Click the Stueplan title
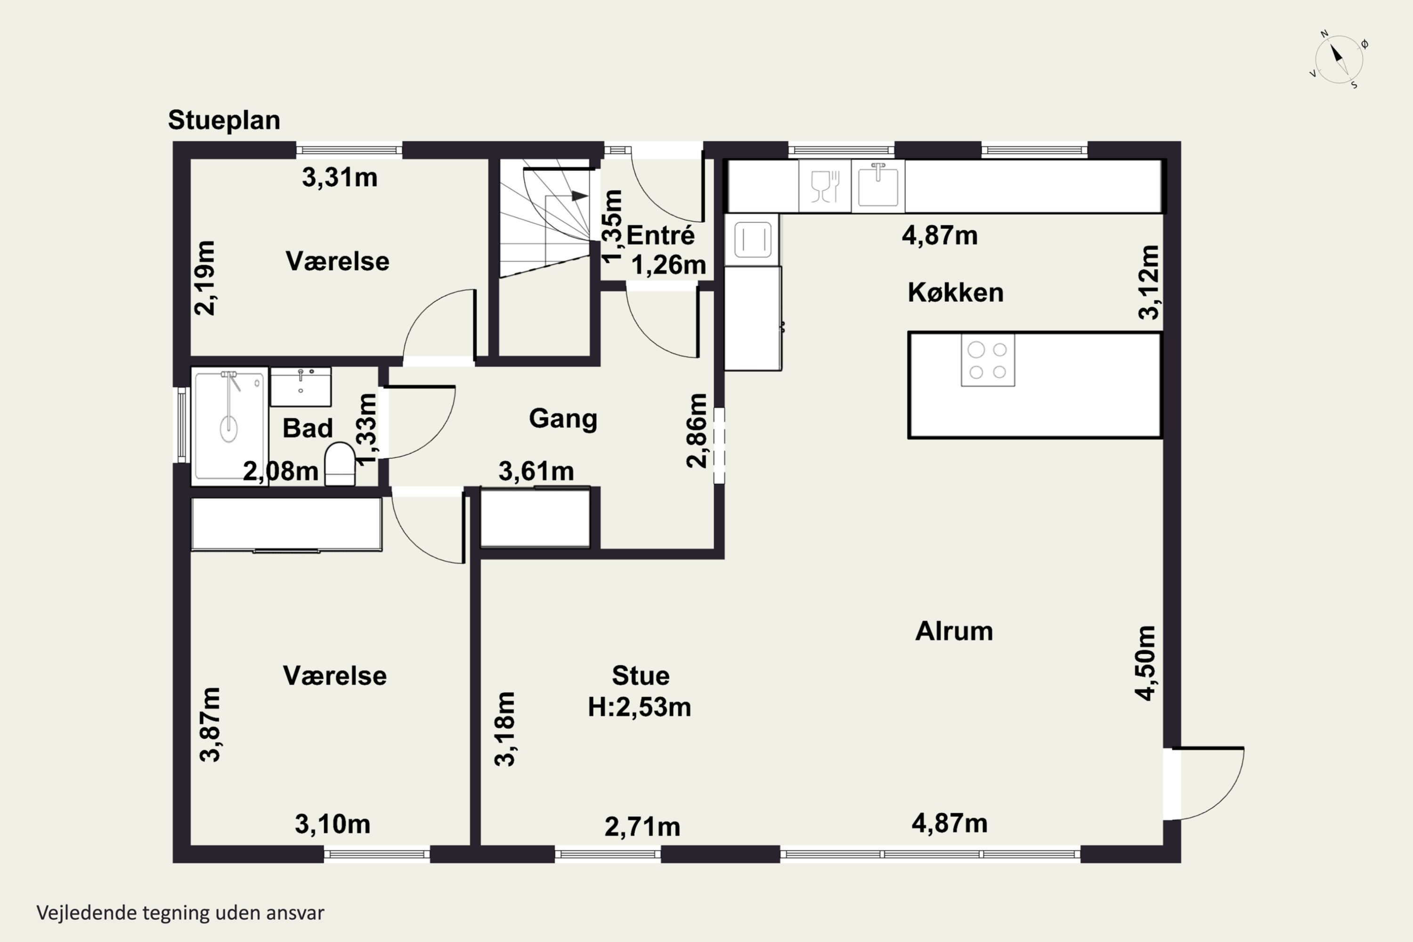click(224, 121)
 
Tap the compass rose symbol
click(1339, 59)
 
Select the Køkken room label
click(955, 292)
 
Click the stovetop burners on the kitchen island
click(988, 360)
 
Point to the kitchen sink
click(878, 186)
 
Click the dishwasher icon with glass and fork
click(825, 186)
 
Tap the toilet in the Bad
click(340, 464)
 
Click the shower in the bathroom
click(229, 426)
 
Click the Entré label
click(660, 235)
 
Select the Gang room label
click(563, 419)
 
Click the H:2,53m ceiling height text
click(639, 707)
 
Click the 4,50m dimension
click(1145, 663)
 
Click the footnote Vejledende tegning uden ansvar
click(180, 913)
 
